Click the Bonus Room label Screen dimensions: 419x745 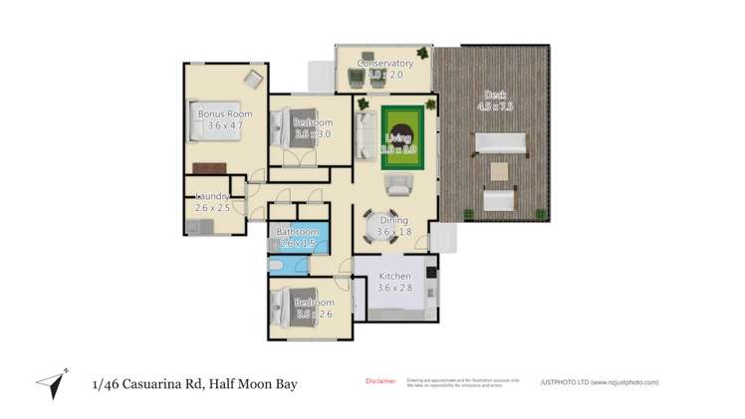pos(224,114)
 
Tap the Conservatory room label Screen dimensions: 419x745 pos(377,64)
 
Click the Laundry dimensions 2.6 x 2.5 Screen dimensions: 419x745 pos(212,208)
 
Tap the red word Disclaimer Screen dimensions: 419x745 pos(380,380)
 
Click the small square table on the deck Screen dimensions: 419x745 pos(499,172)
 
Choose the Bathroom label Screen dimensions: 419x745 pos(298,232)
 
